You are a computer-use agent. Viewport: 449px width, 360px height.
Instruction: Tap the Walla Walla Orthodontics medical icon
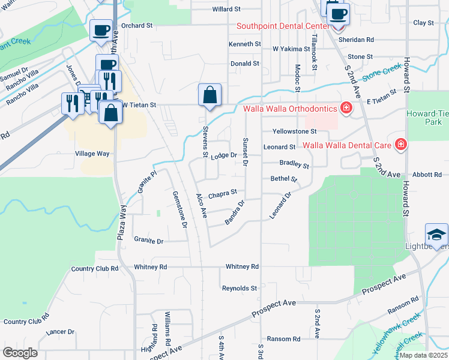coord(346,109)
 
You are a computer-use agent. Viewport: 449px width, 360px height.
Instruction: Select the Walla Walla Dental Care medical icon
coord(400,145)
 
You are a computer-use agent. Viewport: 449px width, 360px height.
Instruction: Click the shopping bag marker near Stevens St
coord(209,95)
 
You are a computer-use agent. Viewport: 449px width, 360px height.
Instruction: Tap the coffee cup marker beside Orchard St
coord(100,30)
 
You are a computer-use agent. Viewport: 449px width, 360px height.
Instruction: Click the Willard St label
coord(226,10)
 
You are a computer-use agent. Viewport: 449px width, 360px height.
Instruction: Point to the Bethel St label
coord(284,179)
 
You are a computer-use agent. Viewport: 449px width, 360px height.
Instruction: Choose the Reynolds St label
coord(240,289)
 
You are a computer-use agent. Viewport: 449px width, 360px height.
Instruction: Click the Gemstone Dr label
coord(180,209)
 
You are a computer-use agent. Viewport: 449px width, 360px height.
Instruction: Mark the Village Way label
coord(92,154)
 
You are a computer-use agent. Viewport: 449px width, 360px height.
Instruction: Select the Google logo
coord(20,353)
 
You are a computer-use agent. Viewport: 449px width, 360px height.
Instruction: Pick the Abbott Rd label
coord(427,175)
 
